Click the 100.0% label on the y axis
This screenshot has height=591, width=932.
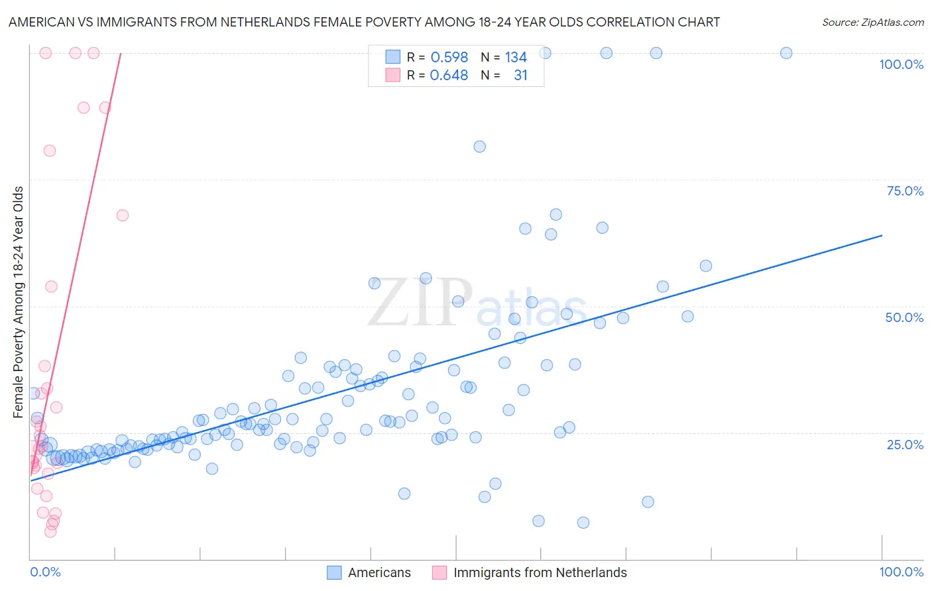coord(901,64)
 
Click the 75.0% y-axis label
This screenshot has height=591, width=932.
coord(905,191)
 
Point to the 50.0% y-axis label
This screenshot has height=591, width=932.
coord(904,317)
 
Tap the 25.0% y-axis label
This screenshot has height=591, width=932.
coord(905,445)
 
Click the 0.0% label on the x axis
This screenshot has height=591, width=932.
coord(45,572)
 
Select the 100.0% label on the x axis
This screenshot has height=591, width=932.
coord(901,572)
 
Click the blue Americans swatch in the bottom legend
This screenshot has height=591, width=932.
coord(334,572)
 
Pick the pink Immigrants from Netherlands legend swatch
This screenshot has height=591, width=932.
coord(439,572)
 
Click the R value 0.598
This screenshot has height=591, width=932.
coord(449,58)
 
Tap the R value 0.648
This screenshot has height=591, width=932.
coord(449,76)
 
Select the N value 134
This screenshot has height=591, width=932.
coord(516,58)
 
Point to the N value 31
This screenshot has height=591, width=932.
coord(520,76)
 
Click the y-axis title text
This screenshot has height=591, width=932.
coord(19,302)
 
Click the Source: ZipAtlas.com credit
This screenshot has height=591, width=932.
coord(872,23)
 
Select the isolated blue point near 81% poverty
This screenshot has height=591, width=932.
coord(479,146)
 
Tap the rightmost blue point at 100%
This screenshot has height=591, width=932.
coord(786,53)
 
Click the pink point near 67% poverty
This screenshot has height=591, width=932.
coord(122,215)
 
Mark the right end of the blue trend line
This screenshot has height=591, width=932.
coord(882,235)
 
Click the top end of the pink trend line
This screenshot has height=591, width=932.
coord(121,53)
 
